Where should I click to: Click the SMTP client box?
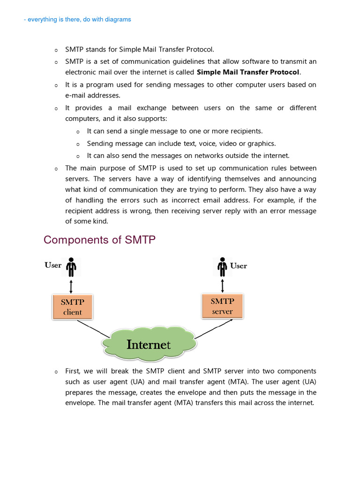72,307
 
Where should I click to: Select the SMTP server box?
222,306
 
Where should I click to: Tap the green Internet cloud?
149,345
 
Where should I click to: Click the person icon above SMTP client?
71,267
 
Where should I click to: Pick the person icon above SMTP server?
222,267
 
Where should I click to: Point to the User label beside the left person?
53,265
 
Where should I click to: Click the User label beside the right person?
239,266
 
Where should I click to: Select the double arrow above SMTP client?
71,285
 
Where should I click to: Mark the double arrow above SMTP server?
222,285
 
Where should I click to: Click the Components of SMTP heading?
99,240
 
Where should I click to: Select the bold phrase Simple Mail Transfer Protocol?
248,72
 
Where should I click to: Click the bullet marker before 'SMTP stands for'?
56,50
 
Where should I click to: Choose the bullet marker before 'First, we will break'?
56,372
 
